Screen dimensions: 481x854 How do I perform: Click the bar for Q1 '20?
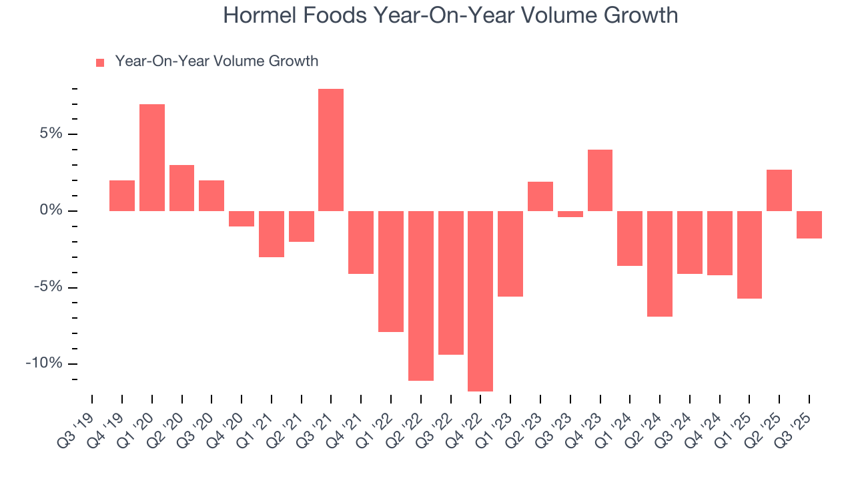coord(152,158)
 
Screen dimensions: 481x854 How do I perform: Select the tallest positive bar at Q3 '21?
coord(331,150)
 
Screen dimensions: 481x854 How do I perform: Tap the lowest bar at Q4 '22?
coord(480,301)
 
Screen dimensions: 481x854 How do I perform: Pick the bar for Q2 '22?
coord(421,295)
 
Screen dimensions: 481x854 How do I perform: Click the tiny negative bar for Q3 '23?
coord(570,214)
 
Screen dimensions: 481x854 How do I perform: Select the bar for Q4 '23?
coord(600,180)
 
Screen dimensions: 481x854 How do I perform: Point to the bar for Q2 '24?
coord(660,263)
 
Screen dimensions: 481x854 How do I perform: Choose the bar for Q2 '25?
coord(779,190)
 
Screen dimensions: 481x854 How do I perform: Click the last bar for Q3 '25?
coord(809,224)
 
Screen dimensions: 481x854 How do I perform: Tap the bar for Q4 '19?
coord(122,196)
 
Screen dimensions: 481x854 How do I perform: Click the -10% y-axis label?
coord(43,363)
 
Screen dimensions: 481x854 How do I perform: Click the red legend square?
coord(100,63)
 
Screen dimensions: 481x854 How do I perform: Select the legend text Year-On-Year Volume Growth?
coord(216,61)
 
